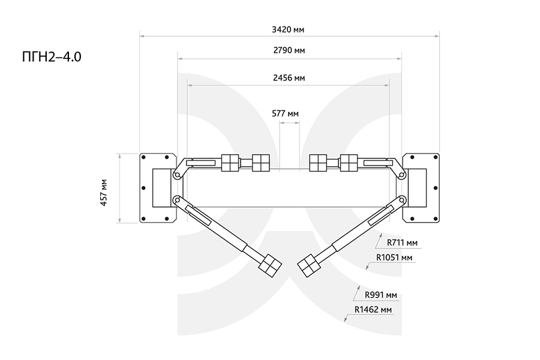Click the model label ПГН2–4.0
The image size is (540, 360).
click(x=52, y=57)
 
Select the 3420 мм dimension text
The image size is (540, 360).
click(x=288, y=29)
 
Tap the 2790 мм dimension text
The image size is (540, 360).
click(x=289, y=50)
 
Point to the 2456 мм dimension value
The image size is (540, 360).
click(x=289, y=78)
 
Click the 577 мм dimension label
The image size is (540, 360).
click(x=285, y=113)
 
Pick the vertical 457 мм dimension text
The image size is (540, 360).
click(x=104, y=192)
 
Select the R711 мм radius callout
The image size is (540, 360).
click(x=402, y=242)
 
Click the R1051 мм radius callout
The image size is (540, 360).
click(x=394, y=257)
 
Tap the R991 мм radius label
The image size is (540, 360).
click(x=381, y=295)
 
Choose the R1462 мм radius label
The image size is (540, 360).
click(x=373, y=310)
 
